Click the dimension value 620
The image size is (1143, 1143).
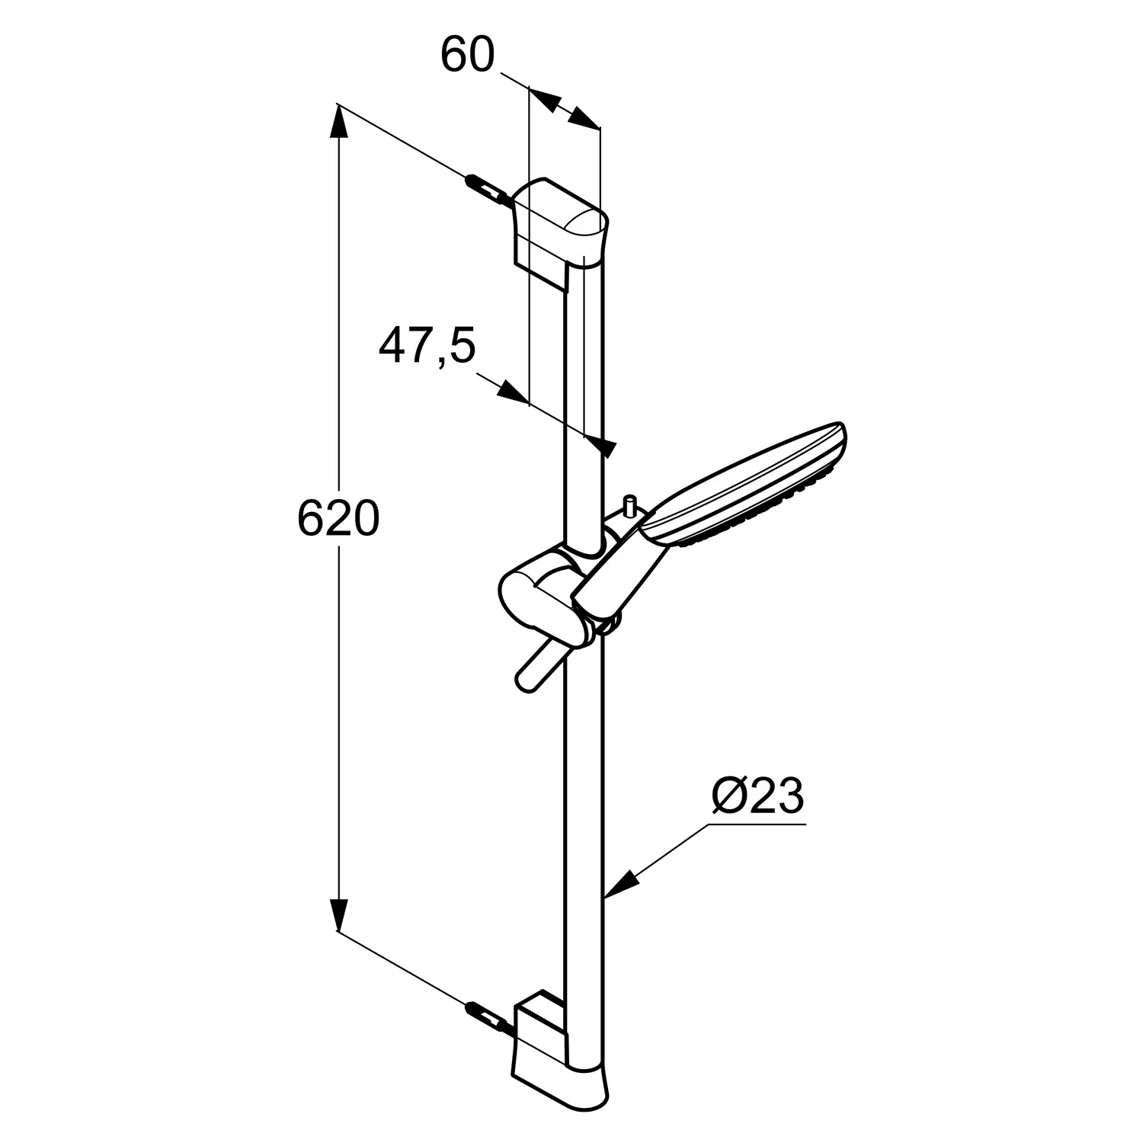click(338, 519)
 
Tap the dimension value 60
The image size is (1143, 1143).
click(468, 55)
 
